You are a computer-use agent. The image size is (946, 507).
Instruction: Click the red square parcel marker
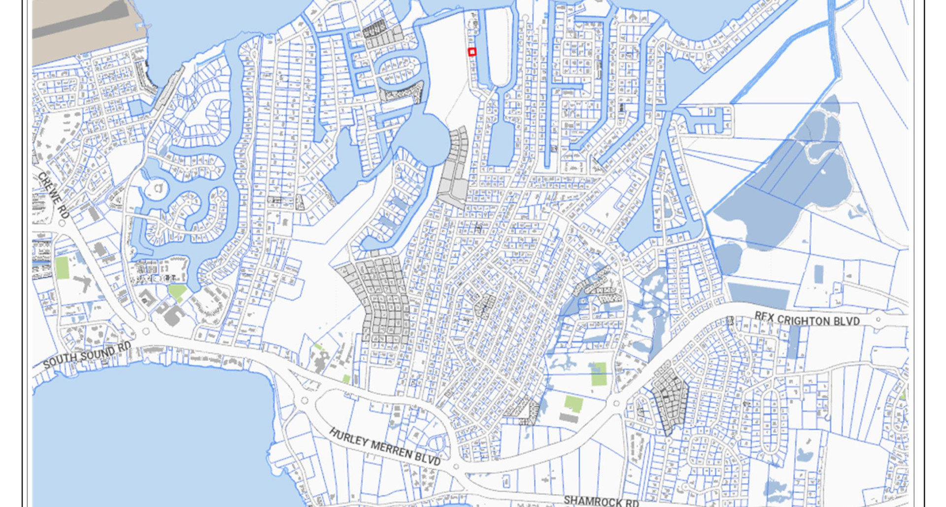[x=472, y=52]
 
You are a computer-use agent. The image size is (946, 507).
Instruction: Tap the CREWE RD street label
[x=53, y=195]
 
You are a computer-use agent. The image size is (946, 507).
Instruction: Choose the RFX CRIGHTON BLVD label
[x=807, y=320]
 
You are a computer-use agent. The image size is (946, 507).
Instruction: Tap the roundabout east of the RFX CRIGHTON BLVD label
[x=878, y=320]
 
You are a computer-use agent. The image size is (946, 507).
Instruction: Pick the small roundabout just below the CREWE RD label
[x=62, y=223]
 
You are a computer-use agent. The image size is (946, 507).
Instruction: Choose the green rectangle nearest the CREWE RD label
[x=62, y=267]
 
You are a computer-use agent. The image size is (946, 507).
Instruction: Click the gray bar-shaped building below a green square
[x=569, y=418]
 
